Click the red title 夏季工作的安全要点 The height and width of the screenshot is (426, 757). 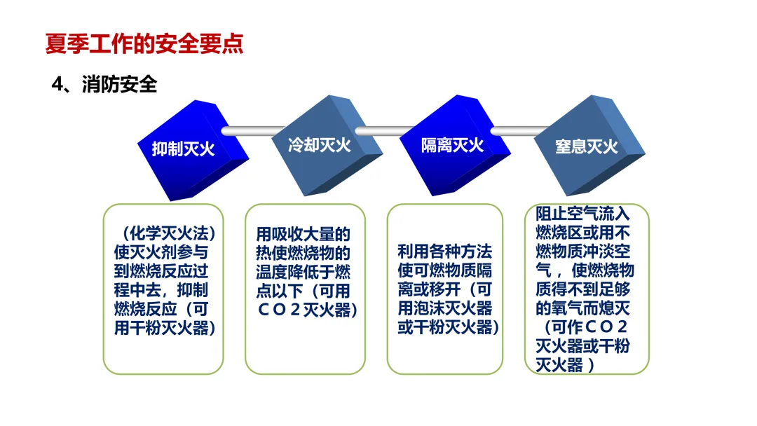click(x=144, y=44)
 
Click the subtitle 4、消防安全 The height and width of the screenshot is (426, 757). click(x=104, y=84)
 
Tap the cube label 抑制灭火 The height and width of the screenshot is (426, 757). click(x=184, y=149)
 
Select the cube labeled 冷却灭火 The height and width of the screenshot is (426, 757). click(x=327, y=145)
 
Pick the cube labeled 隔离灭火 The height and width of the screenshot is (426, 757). click(x=456, y=145)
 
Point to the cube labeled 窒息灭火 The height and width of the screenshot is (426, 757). click(x=589, y=145)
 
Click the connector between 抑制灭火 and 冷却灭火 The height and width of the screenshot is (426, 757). click(x=253, y=131)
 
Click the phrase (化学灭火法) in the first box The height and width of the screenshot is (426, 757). click(x=165, y=233)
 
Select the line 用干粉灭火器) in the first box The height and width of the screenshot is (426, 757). click(x=165, y=328)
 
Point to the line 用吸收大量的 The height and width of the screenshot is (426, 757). click(x=304, y=234)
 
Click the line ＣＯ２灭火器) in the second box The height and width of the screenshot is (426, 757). click(x=307, y=310)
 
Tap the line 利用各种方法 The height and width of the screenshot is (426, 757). click(x=444, y=252)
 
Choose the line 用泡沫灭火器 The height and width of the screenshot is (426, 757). click(x=444, y=308)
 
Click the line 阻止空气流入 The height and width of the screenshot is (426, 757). click(x=582, y=214)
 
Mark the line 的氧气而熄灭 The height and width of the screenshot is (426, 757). click(x=582, y=308)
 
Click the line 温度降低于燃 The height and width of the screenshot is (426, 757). click(x=304, y=272)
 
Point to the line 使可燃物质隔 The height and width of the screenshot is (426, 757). click(x=444, y=270)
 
